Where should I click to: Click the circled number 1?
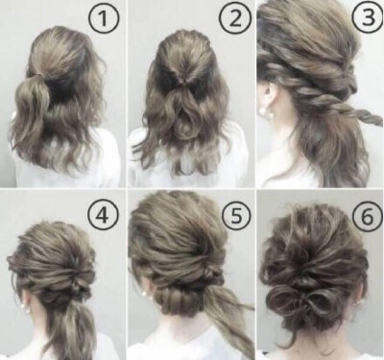click(104, 18)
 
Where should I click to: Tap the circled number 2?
click(235, 18)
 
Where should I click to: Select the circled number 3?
click(369, 18)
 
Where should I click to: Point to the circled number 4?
click(103, 215)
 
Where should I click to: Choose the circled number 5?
click(235, 215)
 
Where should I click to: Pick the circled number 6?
click(368, 216)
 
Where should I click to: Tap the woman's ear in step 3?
click(268, 95)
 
